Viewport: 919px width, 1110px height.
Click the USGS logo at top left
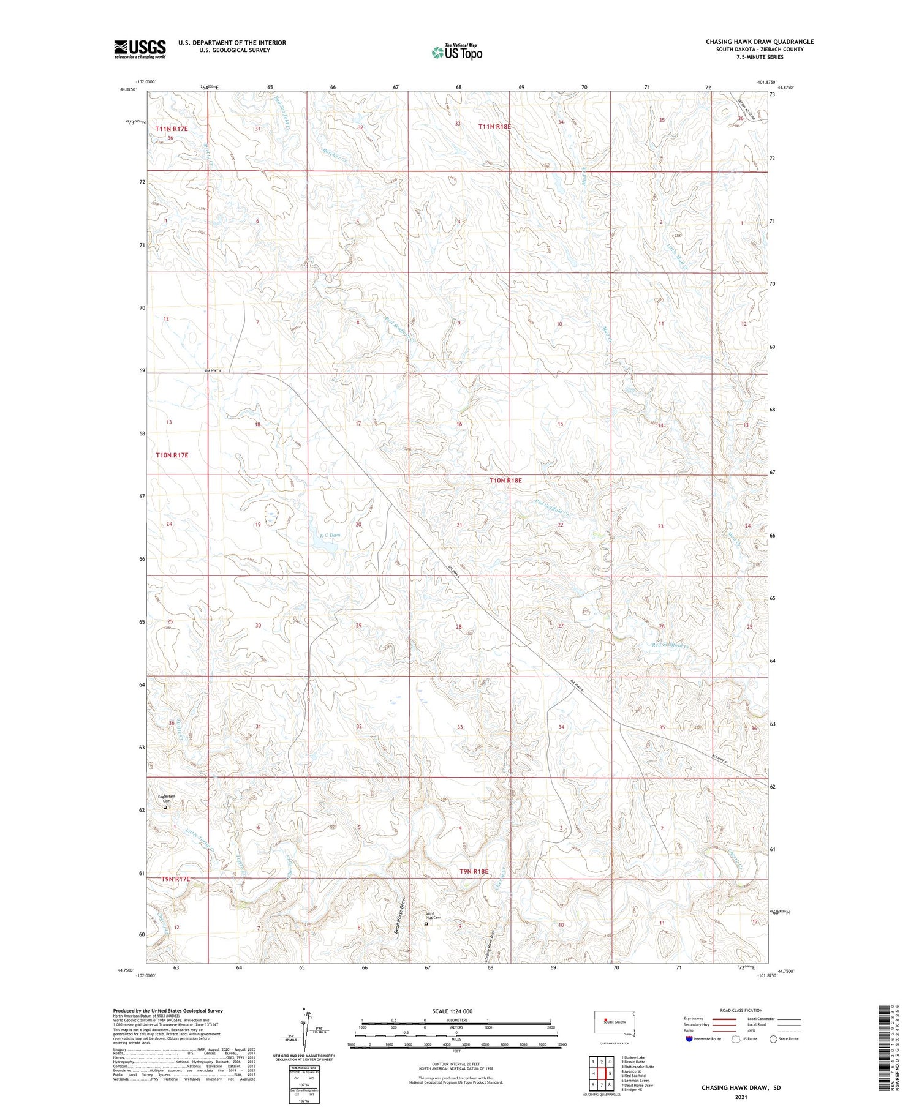pyautogui.click(x=140, y=48)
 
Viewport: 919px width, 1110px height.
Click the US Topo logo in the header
pyautogui.click(x=456, y=52)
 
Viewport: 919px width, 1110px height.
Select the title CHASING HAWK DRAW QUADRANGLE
pyautogui.click(x=759, y=42)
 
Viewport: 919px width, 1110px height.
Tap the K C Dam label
pyautogui.click(x=329, y=534)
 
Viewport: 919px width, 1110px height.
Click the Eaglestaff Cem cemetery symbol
pyautogui.click(x=165, y=807)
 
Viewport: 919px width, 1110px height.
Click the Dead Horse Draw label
pyautogui.click(x=399, y=915)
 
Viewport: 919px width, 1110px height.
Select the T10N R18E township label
pyautogui.click(x=505, y=481)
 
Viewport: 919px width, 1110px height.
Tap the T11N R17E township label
pyautogui.click(x=172, y=129)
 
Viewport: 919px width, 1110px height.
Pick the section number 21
pyautogui.click(x=459, y=525)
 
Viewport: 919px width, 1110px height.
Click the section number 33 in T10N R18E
pyautogui.click(x=459, y=727)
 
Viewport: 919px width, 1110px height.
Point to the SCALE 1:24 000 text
pyautogui.click(x=452, y=1011)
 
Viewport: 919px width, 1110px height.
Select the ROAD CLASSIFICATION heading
pyautogui.click(x=741, y=1010)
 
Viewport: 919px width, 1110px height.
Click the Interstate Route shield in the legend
pyautogui.click(x=690, y=1039)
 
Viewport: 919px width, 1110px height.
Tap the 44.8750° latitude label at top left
pyautogui.click(x=129, y=89)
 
